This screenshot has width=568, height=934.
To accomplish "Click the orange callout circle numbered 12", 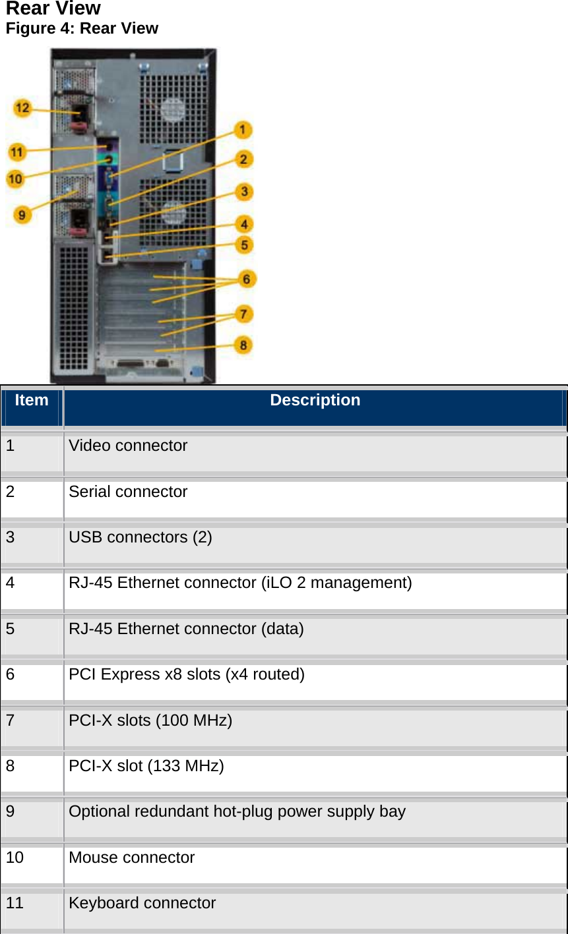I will click(22, 108).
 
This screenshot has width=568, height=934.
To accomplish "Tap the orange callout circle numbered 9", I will click(22, 214).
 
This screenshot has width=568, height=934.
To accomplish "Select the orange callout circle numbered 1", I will click(243, 130).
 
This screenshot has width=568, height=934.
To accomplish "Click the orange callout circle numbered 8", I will click(243, 345).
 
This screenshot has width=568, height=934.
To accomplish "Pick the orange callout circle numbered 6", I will click(247, 279).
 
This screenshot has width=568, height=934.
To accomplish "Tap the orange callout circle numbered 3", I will click(244, 192).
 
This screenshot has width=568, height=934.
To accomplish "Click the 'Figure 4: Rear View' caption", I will click(82, 28).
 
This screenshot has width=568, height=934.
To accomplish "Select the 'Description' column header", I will click(315, 401).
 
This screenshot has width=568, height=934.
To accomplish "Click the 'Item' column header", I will click(32, 401).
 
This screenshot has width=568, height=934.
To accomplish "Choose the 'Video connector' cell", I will click(128, 446).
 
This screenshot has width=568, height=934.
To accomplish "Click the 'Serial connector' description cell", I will click(128, 492).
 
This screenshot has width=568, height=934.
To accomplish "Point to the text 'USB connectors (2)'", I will click(141, 538).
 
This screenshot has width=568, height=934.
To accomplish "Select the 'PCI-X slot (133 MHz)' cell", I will click(146, 766).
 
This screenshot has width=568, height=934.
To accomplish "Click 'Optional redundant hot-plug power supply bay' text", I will click(237, 812).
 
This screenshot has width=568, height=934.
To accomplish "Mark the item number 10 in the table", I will click(15, 858).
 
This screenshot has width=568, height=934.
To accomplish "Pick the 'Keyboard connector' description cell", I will click(142, 904).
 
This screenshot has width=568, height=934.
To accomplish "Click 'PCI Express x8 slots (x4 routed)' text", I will click(187, 675).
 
